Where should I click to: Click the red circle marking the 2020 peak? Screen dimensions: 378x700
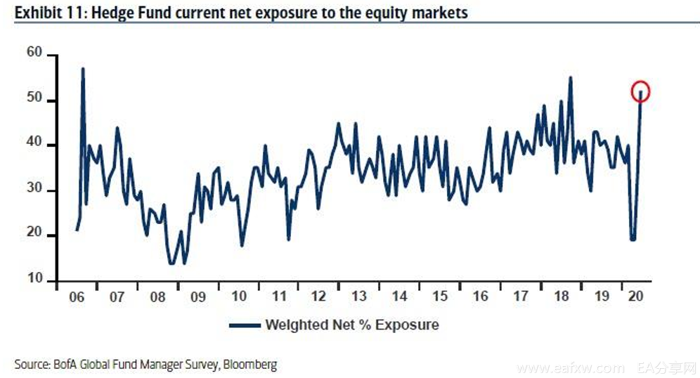[x=641, y=91]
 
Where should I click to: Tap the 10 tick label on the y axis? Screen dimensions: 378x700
[x=35, y=281]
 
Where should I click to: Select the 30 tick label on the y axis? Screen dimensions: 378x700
[x=35, y=190]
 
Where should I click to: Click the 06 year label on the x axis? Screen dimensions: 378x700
[x=77, y=296]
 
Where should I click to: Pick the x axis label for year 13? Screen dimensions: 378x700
[x=359, y=296]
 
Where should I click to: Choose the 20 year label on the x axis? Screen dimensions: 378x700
[x=635, y=296]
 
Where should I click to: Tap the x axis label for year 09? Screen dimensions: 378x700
[x=198, y=296]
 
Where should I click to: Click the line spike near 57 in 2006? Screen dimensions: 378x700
[x=83, y=69]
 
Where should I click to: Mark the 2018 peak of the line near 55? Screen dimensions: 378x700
[x=570, y=77]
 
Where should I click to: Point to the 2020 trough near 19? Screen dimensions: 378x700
[x=633, y=239]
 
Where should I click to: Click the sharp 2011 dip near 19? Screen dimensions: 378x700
[x=289, y=239]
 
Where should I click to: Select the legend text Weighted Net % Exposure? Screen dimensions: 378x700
[x=351, y=325]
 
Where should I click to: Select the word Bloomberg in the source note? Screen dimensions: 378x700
[x=250, y=365]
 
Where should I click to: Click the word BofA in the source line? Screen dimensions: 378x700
[x=65, y=365]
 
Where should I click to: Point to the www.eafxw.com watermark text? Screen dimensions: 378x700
[x=570, y=367]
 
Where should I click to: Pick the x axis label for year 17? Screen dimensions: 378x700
[x=521, y=296]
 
